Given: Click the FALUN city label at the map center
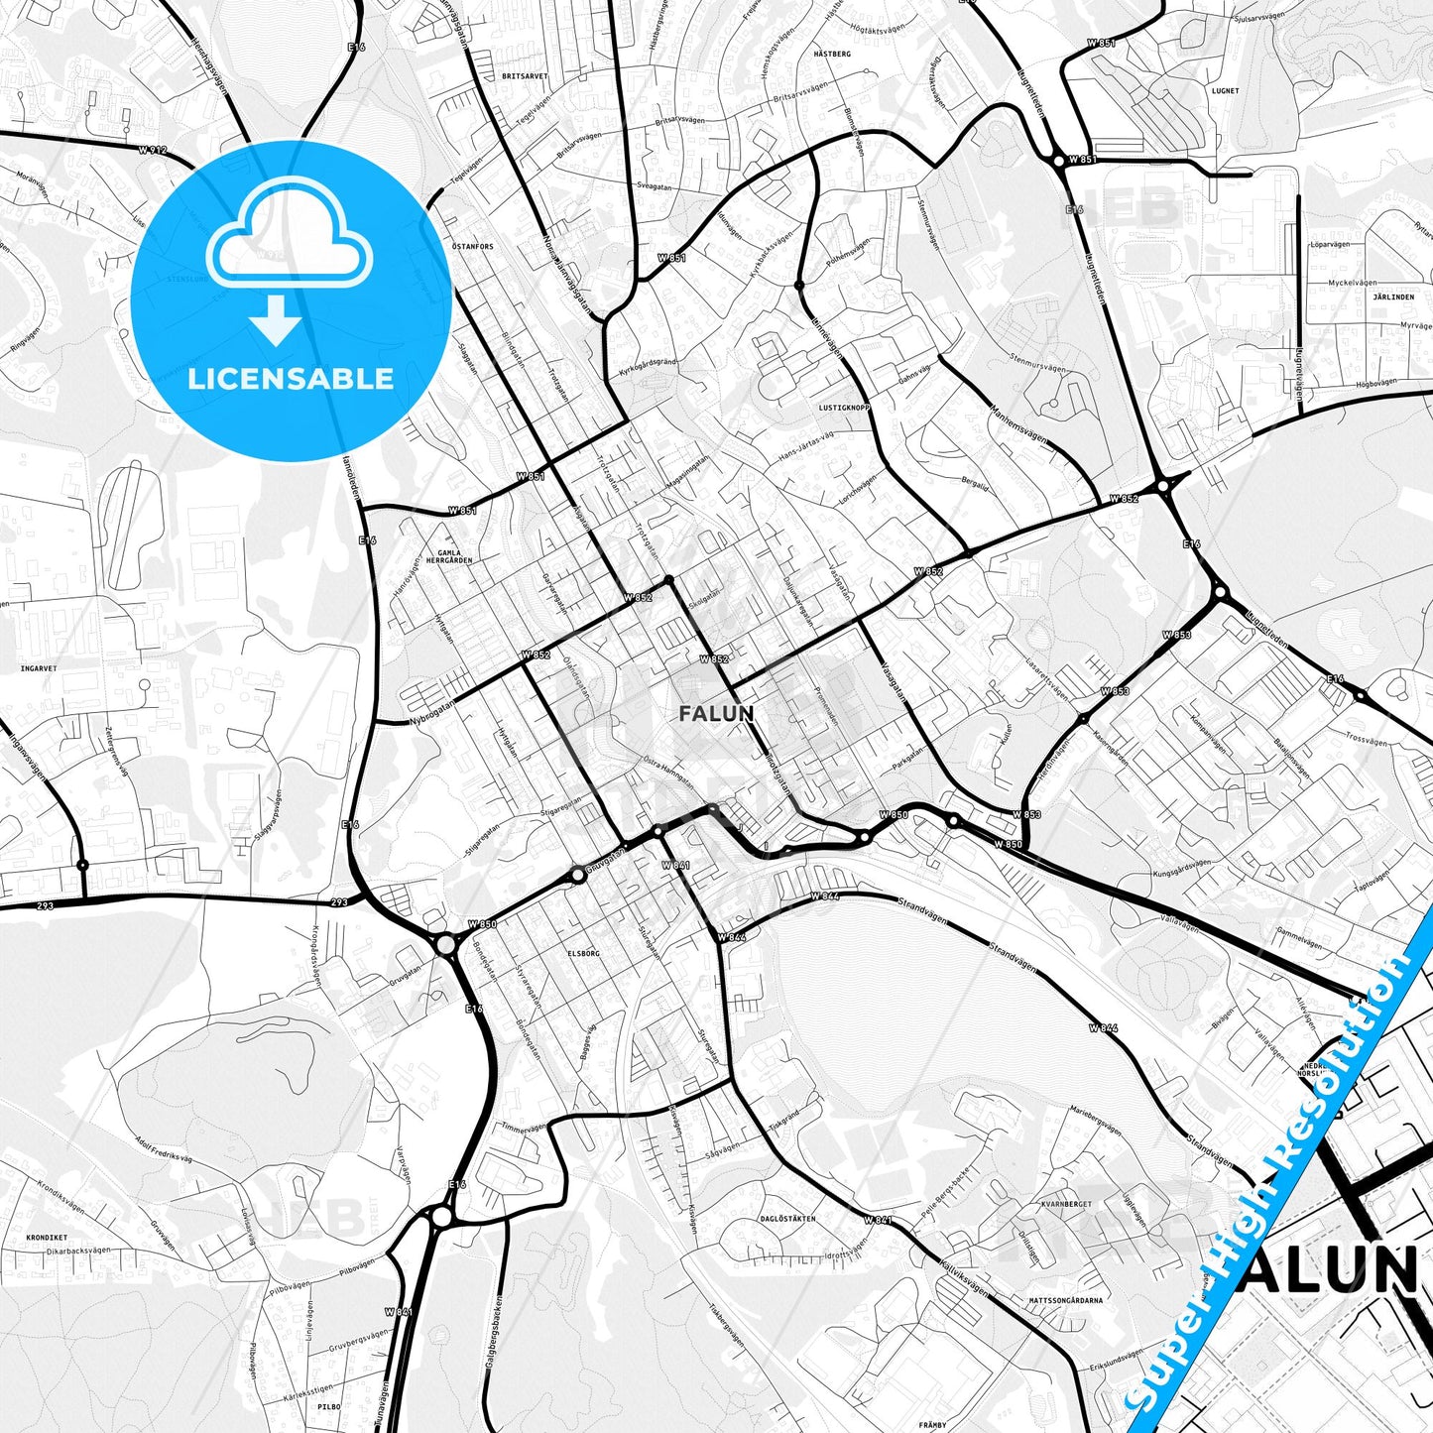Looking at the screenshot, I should point(716,713).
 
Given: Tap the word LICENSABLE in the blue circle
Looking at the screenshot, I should point(291,378).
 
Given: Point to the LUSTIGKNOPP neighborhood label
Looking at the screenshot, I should point(845,408).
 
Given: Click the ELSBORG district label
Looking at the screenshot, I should point(583,953).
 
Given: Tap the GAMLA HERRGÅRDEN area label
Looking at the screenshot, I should point(448,556).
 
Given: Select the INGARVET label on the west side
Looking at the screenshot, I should point(39,668).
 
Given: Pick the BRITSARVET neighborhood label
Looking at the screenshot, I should point(525,75).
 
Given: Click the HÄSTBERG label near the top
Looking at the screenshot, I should point(832,54).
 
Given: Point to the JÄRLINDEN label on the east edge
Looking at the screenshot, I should point(1393,297).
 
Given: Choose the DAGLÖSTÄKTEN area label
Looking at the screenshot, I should point(787,1218).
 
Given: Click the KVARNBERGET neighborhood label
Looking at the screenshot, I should point(1066,1204).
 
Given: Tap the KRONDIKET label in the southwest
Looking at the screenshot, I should point(47,1238).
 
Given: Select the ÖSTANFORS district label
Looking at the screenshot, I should point(472,247).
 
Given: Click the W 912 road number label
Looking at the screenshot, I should point(153,150).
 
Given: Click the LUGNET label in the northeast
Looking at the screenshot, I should point(1225,90).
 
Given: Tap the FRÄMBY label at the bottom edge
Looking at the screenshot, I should point(932,1425).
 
